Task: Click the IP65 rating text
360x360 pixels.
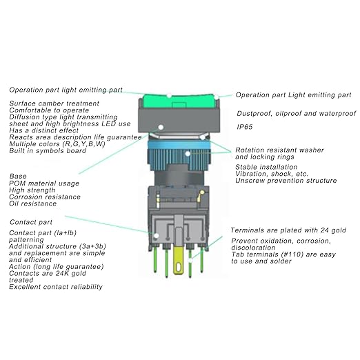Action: (245, 127)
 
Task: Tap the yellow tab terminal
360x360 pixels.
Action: (179, 261)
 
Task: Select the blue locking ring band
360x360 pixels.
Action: (179, 145)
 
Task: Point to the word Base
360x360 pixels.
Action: (18, 177)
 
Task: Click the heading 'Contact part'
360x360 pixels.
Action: (31, 222)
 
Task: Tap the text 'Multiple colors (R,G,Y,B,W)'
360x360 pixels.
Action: (57, 144)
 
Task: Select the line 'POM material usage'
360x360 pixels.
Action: (44, 183)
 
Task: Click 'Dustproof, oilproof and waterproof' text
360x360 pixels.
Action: (297, 114)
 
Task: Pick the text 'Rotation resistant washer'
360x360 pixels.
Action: (279, 150)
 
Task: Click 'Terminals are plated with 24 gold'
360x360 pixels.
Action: (288, 230)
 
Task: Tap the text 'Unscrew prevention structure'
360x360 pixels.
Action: (286, 181)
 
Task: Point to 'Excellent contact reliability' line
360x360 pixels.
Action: (56, 287)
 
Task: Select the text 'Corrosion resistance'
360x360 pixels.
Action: (45, 197)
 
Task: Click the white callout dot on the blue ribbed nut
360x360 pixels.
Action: (188, 154)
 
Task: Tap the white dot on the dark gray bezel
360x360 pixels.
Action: (161, 127)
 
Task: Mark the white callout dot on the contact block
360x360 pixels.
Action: (157, 236)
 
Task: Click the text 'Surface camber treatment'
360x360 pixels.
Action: (54, 103)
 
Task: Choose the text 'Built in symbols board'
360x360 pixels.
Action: (48, 151)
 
